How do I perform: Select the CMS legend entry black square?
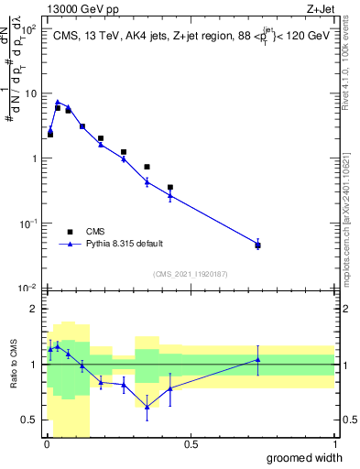tap(70, 232)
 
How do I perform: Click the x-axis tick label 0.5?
tap(191, 444)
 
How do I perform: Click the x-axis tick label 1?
tap(334, 444)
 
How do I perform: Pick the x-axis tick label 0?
tap(46, 444)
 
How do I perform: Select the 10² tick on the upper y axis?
tap(30, 28)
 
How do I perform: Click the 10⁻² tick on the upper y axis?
tap(29, 288)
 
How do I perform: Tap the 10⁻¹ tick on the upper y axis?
tap(29, 223)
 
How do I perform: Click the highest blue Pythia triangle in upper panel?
tap(58, 103)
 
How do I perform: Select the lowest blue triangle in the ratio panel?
tap(147, 407)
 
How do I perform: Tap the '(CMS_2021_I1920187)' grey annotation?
tap(190, 273)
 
